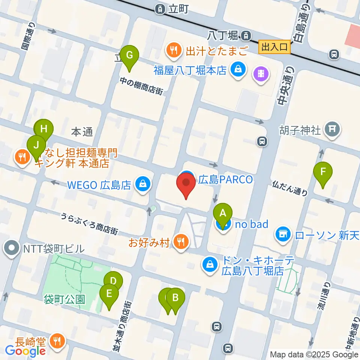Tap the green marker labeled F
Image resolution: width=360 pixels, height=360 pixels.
(322, 172)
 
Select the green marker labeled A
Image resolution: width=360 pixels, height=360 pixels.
(223, 214)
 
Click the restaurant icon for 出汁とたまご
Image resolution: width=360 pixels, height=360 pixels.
(173, 49)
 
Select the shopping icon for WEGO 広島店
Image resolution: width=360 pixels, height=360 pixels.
(143, 184)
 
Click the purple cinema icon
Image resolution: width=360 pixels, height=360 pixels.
(262, 73)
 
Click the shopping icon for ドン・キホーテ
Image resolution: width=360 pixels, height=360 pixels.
(210, 265)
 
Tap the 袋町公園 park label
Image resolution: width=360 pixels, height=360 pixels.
(64, 299)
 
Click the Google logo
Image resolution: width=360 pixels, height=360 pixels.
(25, 351)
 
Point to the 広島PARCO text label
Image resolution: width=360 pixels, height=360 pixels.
(225, 180)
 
